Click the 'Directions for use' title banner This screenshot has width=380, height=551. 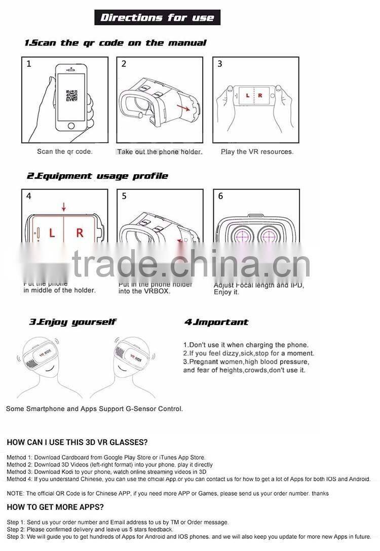(157, 18)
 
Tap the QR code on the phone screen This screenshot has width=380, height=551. (71, 95)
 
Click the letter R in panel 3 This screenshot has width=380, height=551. (260, 95)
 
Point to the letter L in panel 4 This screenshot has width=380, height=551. (52, 233)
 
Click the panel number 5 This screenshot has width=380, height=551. (124, 196)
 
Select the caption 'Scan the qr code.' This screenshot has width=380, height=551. (65, 151)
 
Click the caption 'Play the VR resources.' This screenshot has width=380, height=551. (257, 151)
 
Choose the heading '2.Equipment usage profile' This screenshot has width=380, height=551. (97, 176)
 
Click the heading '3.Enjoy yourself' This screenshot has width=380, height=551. (72, 322)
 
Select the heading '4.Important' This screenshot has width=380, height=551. (216, 322)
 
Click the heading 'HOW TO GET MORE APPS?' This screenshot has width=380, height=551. (55, 507)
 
